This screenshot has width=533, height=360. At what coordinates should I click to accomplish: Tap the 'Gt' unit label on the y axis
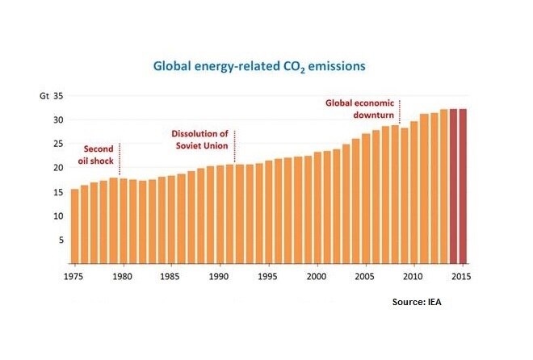(45, 96)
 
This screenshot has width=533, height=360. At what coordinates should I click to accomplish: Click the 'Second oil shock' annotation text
(100, 153)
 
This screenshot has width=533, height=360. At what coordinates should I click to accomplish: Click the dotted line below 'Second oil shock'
(120, 159)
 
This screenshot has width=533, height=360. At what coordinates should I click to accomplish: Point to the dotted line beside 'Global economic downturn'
(400, 113)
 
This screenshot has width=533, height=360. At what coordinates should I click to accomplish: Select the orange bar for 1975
(75, 226)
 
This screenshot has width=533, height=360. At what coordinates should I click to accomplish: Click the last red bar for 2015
(463, 186)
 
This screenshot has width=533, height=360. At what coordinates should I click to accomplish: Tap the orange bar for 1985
(172, 219)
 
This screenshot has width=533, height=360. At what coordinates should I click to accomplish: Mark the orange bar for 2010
(414, 193)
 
